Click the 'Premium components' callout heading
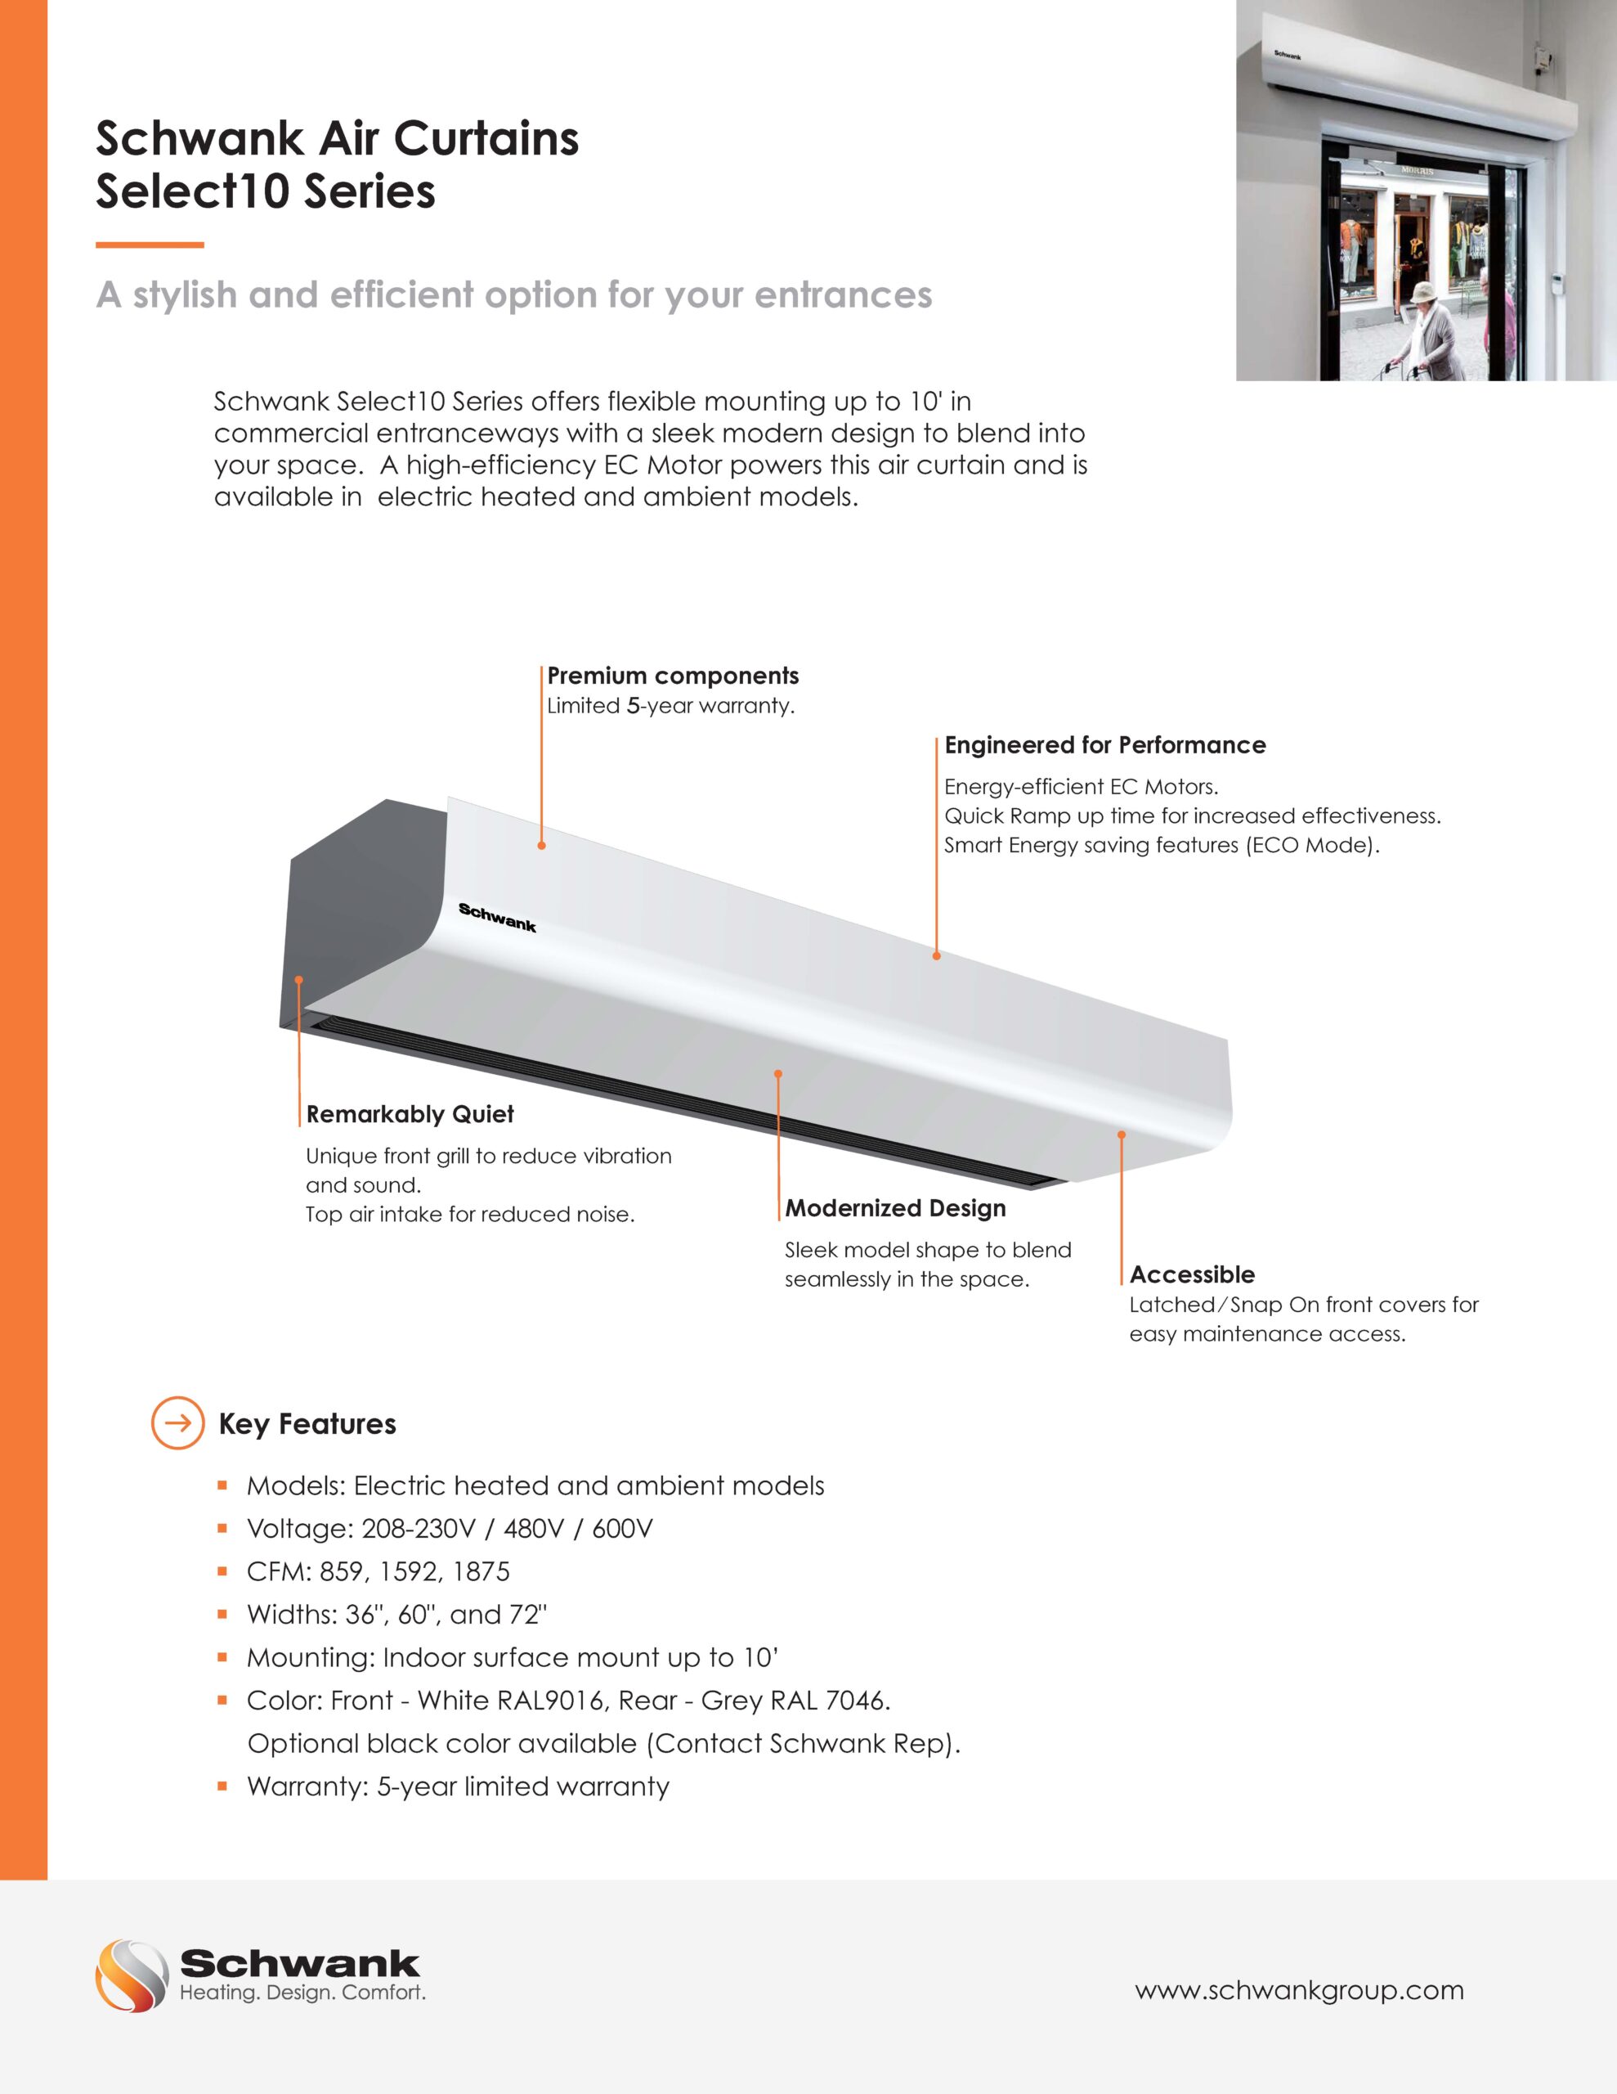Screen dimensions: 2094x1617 click(x=672, y=676)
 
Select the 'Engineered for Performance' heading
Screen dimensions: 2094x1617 click(x=1104, y=745)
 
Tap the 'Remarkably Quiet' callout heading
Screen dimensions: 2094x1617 click(x=410, y=1114)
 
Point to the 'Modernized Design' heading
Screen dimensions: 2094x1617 click(x=895, y=1208)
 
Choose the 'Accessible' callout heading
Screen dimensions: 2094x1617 click(x=1191, y=1274)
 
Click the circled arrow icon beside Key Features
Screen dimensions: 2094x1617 click(x=177, y=1422)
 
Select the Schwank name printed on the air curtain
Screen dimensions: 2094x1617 click(x=496, y=918)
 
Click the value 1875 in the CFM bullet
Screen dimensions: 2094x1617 click(x=480, y=1571)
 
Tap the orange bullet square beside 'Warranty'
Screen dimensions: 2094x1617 click(x=222, y=1786)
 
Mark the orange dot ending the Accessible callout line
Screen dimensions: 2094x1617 click(x=1121, y=1135)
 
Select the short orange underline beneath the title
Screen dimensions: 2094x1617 click(x=150, y=245)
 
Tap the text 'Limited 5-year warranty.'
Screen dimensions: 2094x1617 click(x=670, y=706)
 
